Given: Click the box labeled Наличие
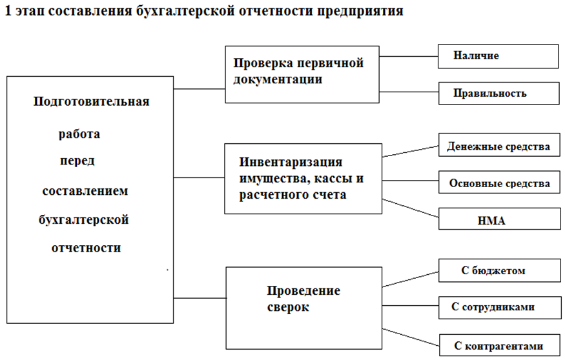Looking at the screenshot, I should tap(498, 56).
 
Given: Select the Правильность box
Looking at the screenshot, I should tap(498, 93).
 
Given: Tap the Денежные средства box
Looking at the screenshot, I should tap(498, 146).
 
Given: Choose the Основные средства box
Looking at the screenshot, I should tap(498, 183).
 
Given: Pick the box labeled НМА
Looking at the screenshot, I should tap(498, 220).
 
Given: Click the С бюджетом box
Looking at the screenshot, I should tap(498, 271).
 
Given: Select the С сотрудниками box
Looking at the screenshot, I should tap(498, 307).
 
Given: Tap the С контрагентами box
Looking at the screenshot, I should tap(498, 345).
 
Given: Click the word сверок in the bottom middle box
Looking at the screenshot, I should tap(288, 307).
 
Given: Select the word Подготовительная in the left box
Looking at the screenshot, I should tap(91, 101).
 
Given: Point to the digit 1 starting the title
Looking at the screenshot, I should tap(7, 12).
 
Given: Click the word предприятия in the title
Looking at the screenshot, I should tap(360, 12).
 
